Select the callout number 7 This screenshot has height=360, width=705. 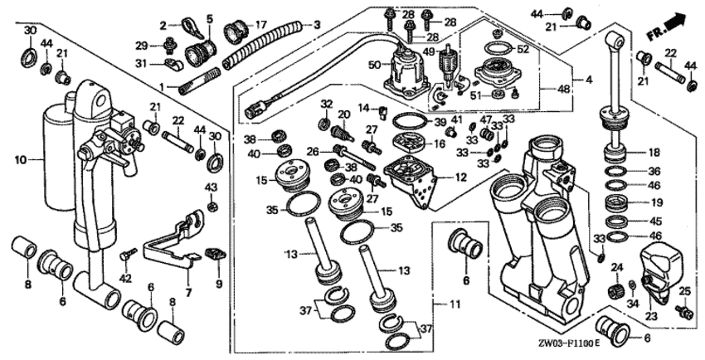coord(188,293)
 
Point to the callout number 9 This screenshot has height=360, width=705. coord(218,283)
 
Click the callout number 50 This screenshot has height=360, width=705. coord(374,64)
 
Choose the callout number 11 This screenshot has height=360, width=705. coord(455,304)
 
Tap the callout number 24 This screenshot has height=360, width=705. coord(616,267)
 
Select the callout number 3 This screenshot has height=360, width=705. coord(316,25)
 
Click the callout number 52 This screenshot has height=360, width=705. coord(523,49)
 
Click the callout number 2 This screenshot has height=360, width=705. coord(163,24)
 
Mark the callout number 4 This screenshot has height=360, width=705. coord(589,80)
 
